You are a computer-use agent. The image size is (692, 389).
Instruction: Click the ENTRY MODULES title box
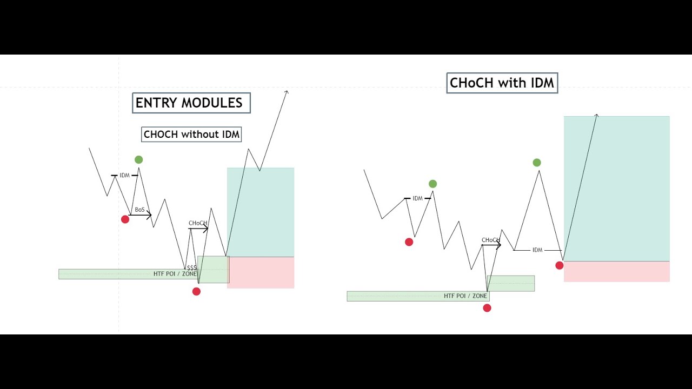coord(191,103)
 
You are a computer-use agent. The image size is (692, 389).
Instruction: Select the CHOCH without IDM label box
coord(191,135)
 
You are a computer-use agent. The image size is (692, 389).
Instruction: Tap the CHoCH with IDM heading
coord(502,83)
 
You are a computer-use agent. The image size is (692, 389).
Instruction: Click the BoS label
coord(139,210)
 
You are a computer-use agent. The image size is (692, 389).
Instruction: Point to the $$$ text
coord(191,267)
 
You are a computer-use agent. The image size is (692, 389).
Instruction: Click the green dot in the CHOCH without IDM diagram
coord(139,159)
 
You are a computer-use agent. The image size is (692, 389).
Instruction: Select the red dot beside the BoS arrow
coord(125,219)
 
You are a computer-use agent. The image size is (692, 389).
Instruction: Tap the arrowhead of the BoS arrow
coord(149,216)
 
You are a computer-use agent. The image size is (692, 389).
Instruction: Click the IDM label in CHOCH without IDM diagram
coord(125,176)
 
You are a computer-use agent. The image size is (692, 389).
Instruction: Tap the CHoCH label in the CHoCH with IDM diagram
coord(490,240)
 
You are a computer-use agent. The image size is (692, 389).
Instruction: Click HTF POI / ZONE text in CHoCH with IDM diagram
coord(465,296)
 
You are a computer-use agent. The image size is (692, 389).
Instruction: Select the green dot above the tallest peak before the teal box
coord(536,163)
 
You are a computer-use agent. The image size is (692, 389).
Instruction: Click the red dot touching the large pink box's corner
coord(560,265)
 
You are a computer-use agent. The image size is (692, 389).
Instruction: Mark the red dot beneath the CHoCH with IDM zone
coord(487,308)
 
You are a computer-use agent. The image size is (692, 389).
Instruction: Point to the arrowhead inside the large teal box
coord(597,116)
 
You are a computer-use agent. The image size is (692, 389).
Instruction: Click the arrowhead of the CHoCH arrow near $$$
coord(206,229)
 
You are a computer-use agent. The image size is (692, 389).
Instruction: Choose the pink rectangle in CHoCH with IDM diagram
coord(616,271)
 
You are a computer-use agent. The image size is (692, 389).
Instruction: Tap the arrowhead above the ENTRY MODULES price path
coord(287,92)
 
